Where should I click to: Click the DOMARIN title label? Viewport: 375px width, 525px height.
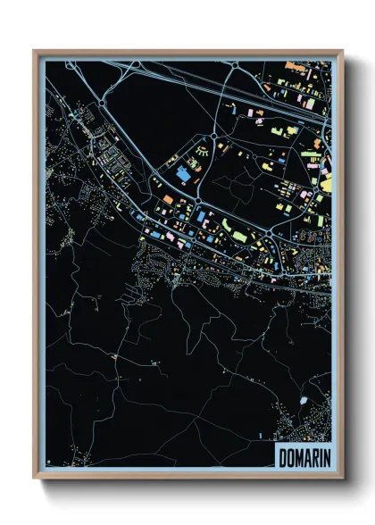tap(301, 455)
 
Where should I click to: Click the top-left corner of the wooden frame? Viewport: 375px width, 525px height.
tap(34, 51)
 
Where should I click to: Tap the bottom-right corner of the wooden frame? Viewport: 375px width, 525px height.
tap(342, 478)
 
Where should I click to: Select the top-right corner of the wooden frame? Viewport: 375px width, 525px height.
tap(342, 51)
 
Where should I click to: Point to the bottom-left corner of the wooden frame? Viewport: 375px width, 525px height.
tap(34, 478)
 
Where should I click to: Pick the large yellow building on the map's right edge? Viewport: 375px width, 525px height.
tap(326, 185)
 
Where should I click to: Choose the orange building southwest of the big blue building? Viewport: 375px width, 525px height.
tap(166, 198)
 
